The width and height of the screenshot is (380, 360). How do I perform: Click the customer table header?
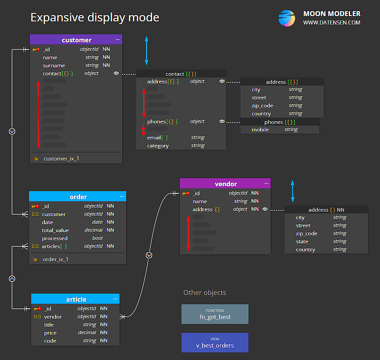pos(76,40)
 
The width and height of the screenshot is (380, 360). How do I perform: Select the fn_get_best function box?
pos(215,314)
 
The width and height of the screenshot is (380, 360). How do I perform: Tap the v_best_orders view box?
pos(215,343)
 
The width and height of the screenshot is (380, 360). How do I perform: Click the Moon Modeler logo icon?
pos(287,18)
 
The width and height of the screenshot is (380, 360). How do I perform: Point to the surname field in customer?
pos(54,65)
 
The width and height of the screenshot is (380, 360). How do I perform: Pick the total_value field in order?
pos(55,230)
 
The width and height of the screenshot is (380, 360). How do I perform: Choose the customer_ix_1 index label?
pos(61,159)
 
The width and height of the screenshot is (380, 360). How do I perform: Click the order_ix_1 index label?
pos(55,259)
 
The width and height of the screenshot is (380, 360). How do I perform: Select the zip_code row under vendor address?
pos(306,233)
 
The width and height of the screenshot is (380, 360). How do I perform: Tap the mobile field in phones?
pos(260,130)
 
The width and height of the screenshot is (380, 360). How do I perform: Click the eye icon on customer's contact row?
pos(116,73)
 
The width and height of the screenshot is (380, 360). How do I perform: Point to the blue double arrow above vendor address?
pos(293,192)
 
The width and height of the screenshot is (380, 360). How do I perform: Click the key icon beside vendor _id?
pos(186,193)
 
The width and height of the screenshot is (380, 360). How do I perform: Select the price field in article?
pos(50,333)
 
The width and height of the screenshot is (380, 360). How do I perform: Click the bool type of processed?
pos(97,238)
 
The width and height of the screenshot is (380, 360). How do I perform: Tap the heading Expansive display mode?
pos(95,17)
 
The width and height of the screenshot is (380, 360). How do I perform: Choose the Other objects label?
pos(205,293)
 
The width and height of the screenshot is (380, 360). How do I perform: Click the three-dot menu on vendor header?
pos(267,184)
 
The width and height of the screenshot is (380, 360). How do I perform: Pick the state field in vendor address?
pos(302,241)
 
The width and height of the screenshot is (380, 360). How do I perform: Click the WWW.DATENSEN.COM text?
pos(331,23)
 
